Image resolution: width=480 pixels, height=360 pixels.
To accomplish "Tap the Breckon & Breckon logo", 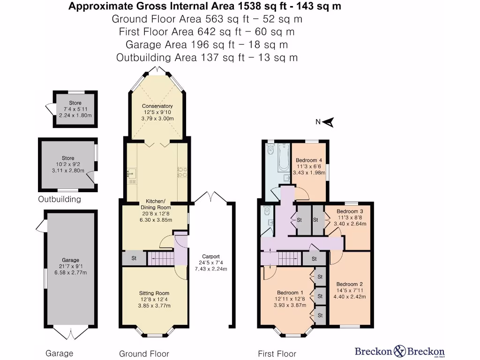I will pos(399,351).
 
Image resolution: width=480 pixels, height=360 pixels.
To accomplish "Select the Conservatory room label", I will pos(157,106).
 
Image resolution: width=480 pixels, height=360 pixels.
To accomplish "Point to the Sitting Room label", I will pos(154,280).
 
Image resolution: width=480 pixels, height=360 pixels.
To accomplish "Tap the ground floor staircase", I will pos(160,258).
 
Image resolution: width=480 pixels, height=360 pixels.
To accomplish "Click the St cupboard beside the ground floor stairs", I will pos(134,258).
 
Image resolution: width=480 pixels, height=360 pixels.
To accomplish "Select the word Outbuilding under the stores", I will pos(60,199).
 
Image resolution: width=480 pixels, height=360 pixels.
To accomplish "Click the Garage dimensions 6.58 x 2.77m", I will pos(71,272).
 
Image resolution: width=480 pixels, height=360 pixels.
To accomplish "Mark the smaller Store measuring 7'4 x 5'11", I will pos(75,109).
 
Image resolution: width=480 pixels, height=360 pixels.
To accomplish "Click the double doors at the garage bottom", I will pos(71,334).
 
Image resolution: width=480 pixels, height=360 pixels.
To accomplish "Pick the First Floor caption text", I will pos(277,353).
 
